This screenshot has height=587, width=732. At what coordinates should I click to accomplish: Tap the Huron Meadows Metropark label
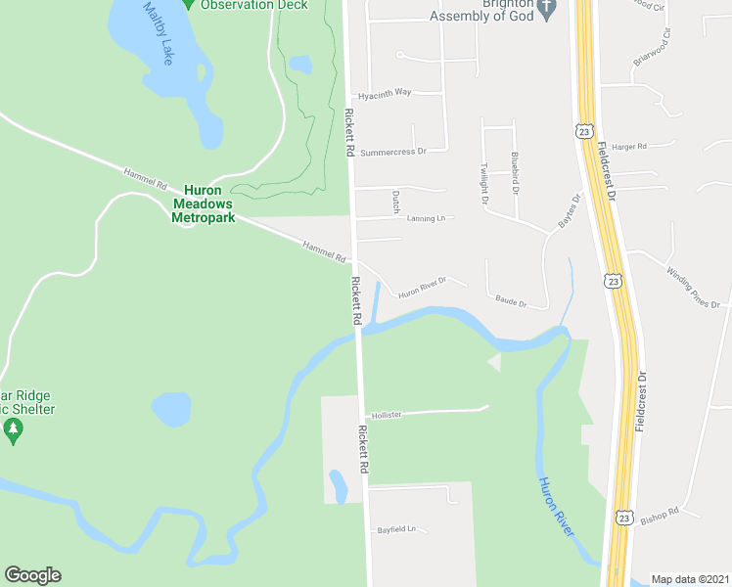point(204,203)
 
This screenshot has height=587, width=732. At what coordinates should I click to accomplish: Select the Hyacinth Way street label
point(385,93)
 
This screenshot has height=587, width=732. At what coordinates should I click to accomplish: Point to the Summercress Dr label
point(393,152)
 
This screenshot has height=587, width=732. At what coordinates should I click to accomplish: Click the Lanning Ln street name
point(426,218)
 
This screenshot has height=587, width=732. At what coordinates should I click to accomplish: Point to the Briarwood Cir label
point(653,47)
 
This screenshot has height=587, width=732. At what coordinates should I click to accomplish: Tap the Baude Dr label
point(511,302)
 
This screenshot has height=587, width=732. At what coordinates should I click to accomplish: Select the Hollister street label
point(387,415)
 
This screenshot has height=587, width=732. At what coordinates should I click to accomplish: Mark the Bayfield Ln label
point(396,529)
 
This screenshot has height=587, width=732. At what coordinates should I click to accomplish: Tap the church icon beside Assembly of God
point(547,11)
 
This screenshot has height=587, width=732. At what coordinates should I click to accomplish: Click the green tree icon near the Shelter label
point(13,429)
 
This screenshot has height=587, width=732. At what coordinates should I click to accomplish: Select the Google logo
point(33,575)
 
